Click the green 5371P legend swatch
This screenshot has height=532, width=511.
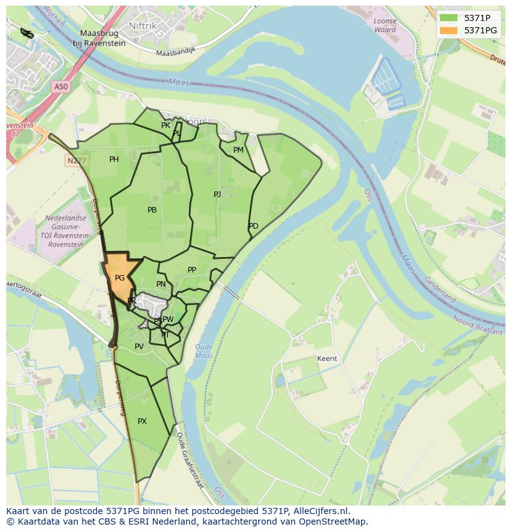449,18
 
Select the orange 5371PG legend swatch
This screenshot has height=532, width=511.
449,30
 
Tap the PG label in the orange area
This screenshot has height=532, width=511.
120,278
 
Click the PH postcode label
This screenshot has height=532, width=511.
114,159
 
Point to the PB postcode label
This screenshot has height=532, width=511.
152,210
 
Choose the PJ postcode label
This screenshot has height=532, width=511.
217,195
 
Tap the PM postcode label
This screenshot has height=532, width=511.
238,150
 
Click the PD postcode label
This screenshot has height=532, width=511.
254,226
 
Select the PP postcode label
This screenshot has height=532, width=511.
192,270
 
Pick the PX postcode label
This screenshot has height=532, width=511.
143,421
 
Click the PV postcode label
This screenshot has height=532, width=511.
139,347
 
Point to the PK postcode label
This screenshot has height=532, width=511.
165,125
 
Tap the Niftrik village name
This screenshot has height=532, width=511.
144,26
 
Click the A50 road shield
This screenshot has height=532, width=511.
60,87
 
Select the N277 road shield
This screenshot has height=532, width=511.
75,159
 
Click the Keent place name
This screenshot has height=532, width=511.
327,358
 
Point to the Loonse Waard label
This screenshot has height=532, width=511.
385,25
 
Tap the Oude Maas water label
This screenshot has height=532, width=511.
203,351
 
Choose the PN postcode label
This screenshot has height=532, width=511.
161,284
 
